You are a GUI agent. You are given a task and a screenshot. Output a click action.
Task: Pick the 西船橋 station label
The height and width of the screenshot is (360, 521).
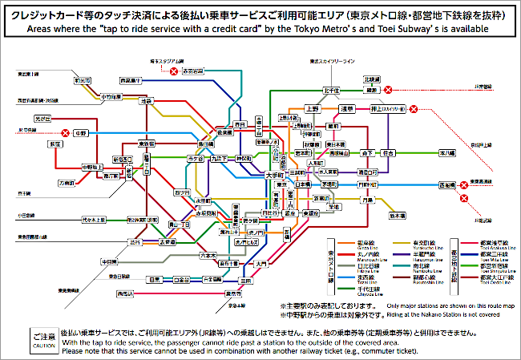(x=433, y=185)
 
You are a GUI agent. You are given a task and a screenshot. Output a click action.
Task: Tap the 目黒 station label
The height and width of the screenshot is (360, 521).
(x=155, y=280)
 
